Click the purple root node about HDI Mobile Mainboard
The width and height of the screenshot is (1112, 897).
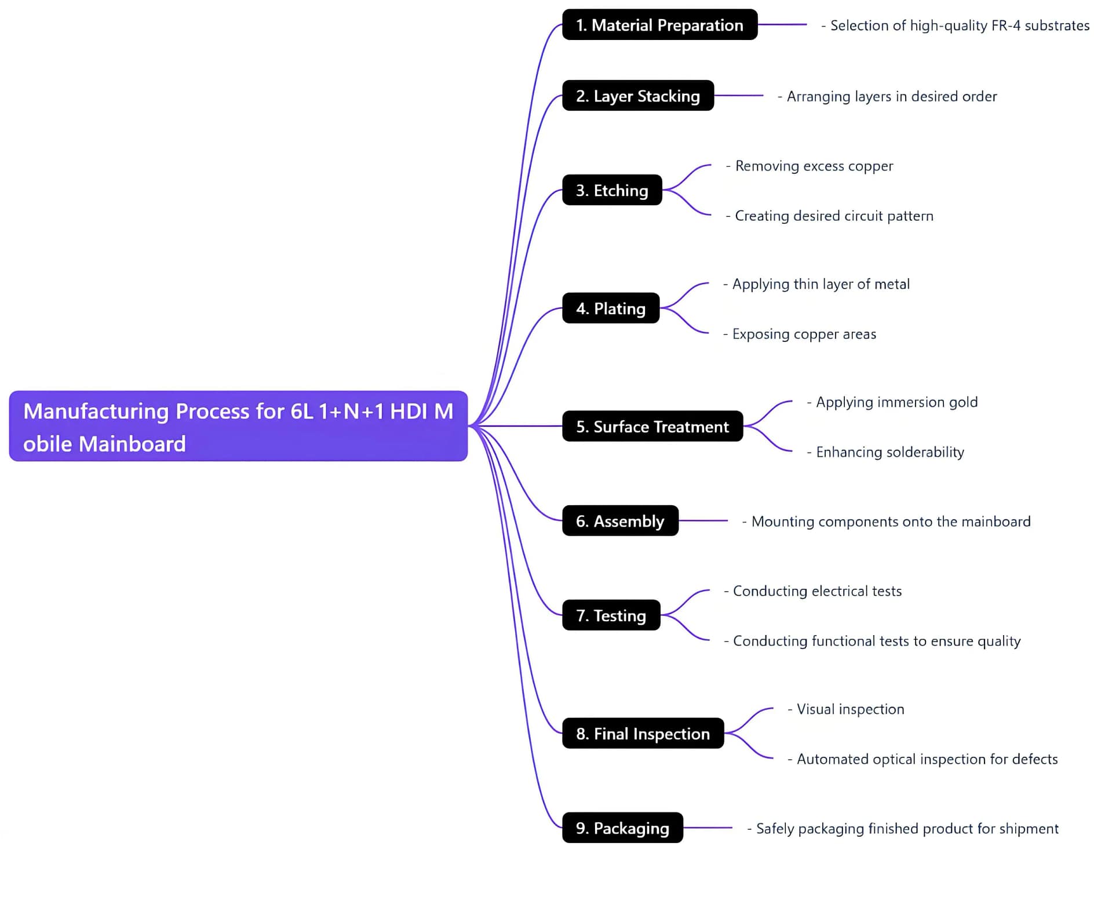238,426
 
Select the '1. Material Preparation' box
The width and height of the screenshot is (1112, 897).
659,25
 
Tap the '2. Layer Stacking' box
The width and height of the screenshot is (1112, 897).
637,96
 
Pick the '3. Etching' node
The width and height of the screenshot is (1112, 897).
612,190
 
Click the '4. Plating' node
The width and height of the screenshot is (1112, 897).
611,308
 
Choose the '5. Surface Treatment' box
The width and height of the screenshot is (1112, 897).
652,426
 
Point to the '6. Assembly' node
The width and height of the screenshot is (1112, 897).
620,521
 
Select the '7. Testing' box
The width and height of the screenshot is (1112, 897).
611,615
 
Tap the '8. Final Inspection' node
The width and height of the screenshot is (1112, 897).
643,734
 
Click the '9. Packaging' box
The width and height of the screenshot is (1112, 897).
622,828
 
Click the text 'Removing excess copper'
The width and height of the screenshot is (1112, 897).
814,166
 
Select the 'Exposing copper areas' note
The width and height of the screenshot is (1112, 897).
804,334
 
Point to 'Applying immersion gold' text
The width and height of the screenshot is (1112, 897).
896,402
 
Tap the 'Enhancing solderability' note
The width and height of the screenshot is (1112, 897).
889,452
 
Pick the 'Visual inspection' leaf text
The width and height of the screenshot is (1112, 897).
850,709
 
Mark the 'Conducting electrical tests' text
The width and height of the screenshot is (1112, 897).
817,591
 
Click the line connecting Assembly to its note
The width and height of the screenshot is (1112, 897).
703,521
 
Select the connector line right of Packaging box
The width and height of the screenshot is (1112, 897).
708,828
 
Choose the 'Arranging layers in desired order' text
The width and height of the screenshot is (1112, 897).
891,96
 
